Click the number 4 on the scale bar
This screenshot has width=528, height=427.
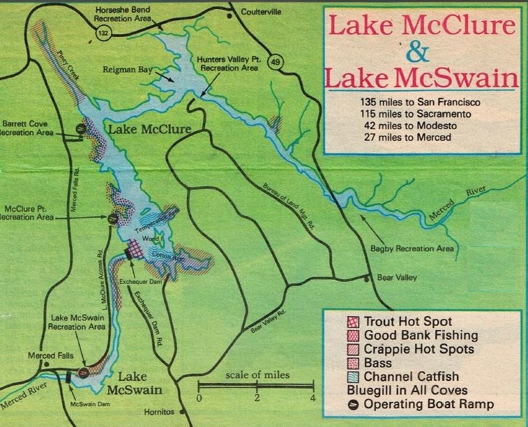tap(313, 398)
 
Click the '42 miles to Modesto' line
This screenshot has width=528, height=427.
tap(407, 126)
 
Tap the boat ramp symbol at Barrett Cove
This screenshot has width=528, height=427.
tap(81, 128)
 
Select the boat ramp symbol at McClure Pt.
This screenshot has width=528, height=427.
tap(112, 219)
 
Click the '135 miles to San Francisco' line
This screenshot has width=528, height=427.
tap(407, 102)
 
